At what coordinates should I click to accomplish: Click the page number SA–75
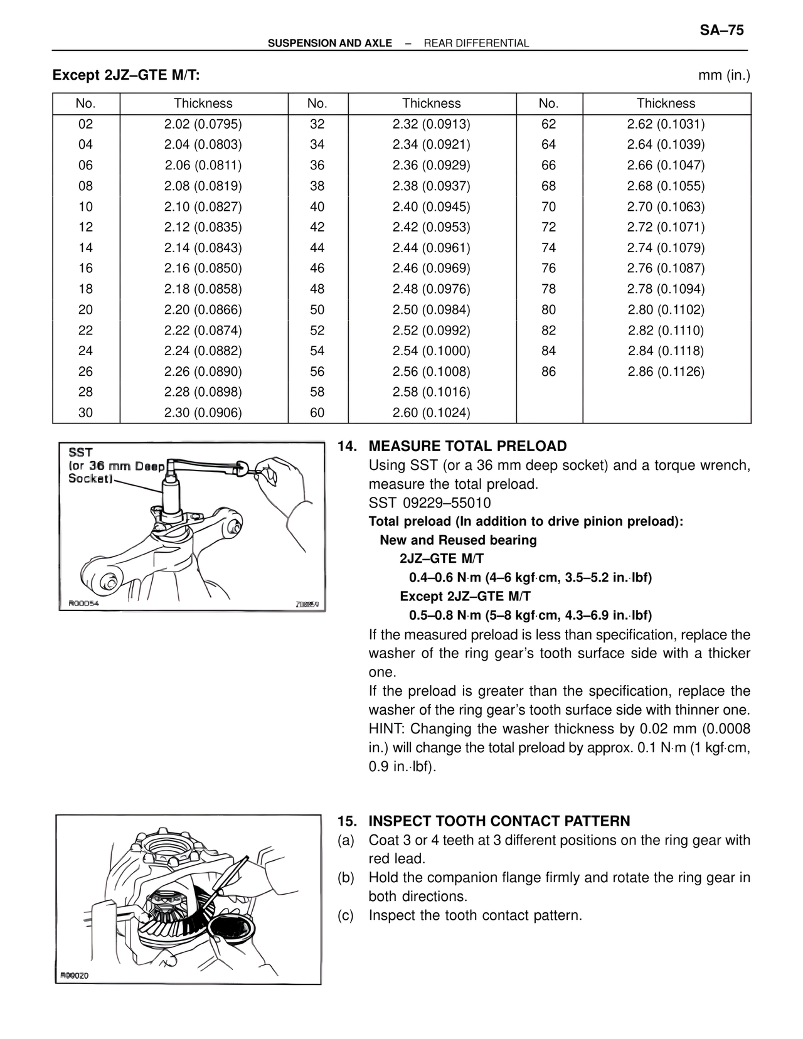click(x=721, y=30)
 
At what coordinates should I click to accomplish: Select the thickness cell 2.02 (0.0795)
click(x=203, y=124)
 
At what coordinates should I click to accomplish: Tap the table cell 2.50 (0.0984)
click(x=431, y=310)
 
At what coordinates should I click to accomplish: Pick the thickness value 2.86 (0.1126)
click(x=666, y=371)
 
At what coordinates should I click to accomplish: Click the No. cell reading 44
click(x=317, y=248)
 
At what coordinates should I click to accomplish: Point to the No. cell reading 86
click(x=548, y=371)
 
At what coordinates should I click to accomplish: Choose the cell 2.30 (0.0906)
click(x=203, y=413)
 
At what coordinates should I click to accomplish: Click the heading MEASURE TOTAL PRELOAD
click(x=467, y=446)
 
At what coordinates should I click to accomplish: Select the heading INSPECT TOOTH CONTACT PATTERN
click(x=499, y=821)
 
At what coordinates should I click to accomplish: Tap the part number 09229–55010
click(x=447, y=503)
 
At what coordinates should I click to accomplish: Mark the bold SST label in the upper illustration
click(x=80, y=452)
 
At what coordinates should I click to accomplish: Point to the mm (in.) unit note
click(x=724, y=76)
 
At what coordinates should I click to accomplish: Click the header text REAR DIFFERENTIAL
click(x=476, y=43)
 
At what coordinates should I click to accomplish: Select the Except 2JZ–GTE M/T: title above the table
click(x=126, y=75)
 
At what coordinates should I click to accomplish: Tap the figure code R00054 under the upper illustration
click(x=83, y=604)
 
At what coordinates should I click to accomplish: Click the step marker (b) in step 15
click(x=346, y=878)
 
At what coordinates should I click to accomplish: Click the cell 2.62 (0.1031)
click(x=666, y=124)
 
